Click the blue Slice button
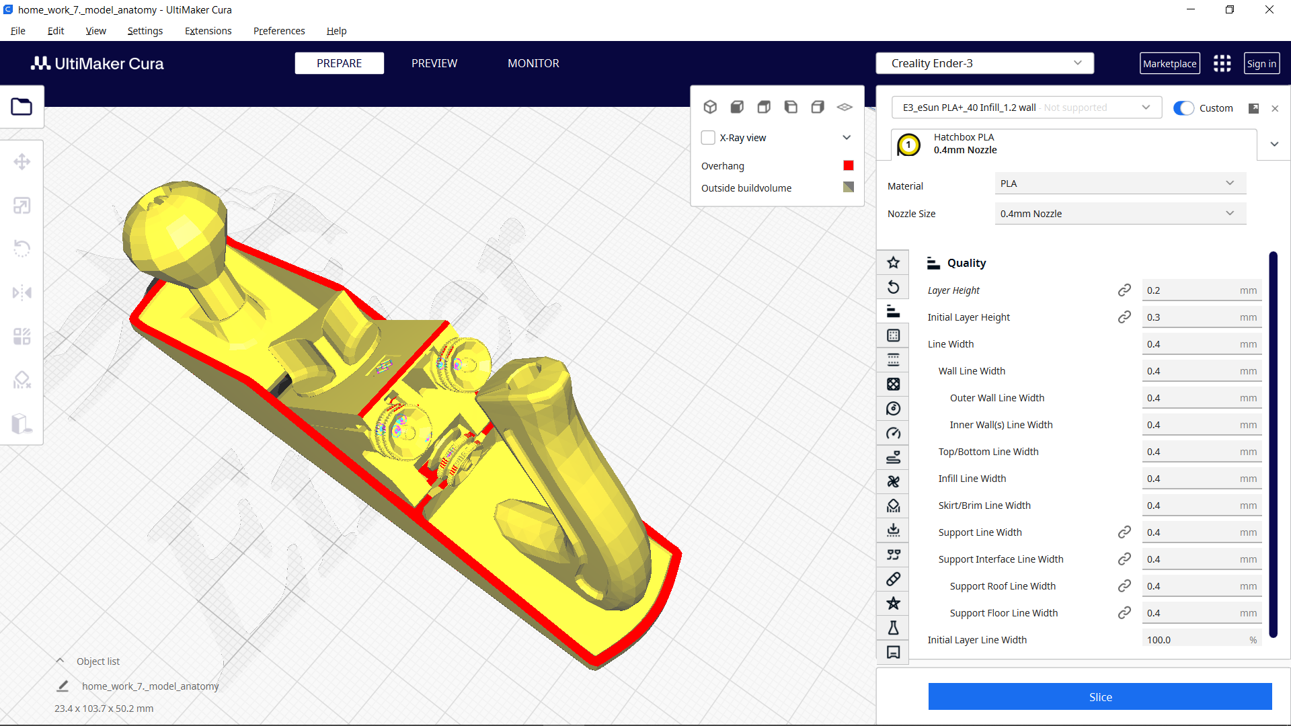click(x=1099, y=696)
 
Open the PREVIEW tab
click(x=434, y=63)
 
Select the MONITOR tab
click(x=533, y=63)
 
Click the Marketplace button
click(x=1169, y=64)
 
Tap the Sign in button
click(x=1261, y=64)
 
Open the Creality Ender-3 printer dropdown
click(x=984, y=63)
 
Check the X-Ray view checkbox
click(x=708, y=138)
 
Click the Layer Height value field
click(x=1190, y=290)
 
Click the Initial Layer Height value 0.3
click(x=1190, y=317)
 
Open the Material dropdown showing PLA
click(x=1120, y=184)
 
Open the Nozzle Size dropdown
click(x=1120, y=214)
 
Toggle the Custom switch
click(x=1183, y=108)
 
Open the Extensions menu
click(x=208, y=31)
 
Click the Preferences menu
click(x=278, y=31)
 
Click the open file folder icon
click(x=22, y=107)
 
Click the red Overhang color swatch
click(x=849, y=165)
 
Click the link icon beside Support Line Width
click(x=1124, y=532)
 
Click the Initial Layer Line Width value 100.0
click(x=1190, y=639)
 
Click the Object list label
click(x=98, y=661)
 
